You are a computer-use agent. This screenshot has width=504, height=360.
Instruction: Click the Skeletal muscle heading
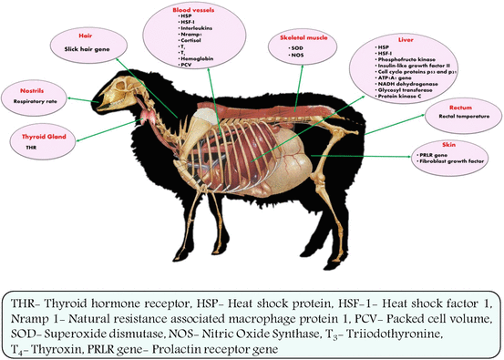click(x=297, y=39)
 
